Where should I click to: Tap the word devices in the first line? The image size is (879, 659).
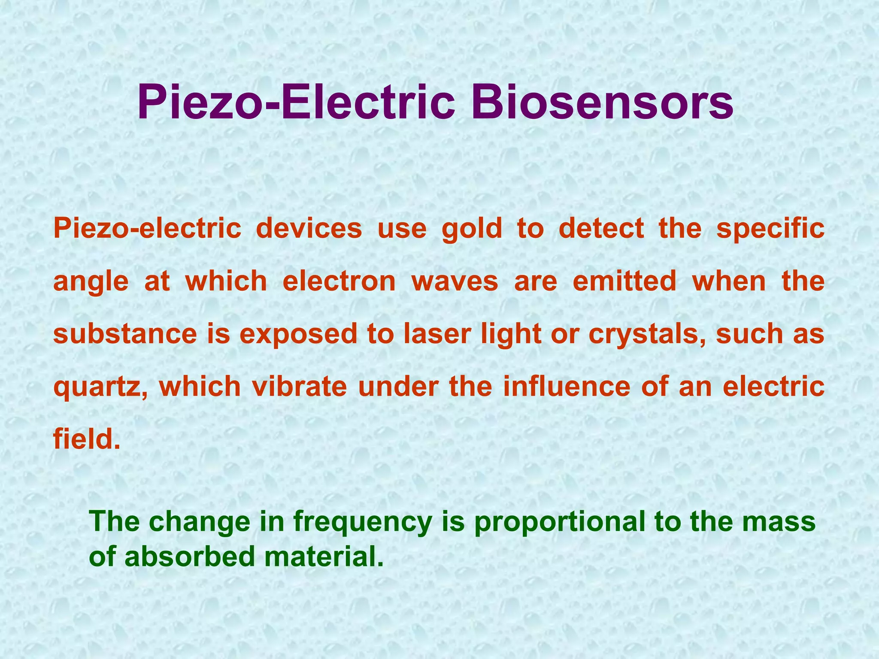(309, 228)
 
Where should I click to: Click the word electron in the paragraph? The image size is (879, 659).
(339, 281)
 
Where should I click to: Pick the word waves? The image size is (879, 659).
(455, 281)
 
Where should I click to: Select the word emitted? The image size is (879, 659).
(624, 281)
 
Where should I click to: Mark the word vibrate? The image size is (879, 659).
(300, 386)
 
